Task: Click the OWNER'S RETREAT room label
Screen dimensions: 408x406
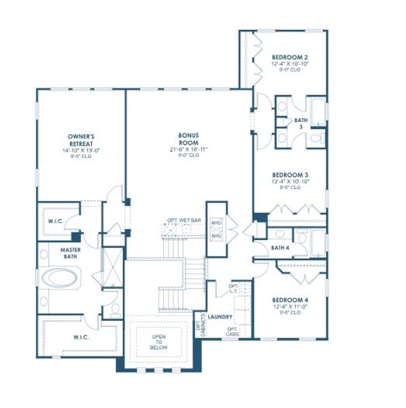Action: [x=80, y=139]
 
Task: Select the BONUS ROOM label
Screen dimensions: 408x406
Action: [x=184, y=139]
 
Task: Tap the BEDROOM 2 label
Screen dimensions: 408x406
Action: [x=290, y=57]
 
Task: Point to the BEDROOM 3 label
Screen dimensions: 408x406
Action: [x=290, y=173]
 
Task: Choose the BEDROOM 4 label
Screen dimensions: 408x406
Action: [x=290, y=300]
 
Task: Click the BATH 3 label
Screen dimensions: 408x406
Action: [x=301, y=123]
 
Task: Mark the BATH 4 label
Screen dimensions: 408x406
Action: [x=280, y=248]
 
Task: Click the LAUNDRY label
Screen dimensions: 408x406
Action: [x=221, y=317]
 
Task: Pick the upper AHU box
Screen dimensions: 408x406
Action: [x=216, y=223]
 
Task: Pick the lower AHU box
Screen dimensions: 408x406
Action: [x=216, y=236]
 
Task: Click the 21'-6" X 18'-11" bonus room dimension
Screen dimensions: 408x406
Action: [x=184, y=149]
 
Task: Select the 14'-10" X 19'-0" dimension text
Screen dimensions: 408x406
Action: [x=80, y=149]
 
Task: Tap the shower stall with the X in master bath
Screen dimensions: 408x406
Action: [x=111, y=261]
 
